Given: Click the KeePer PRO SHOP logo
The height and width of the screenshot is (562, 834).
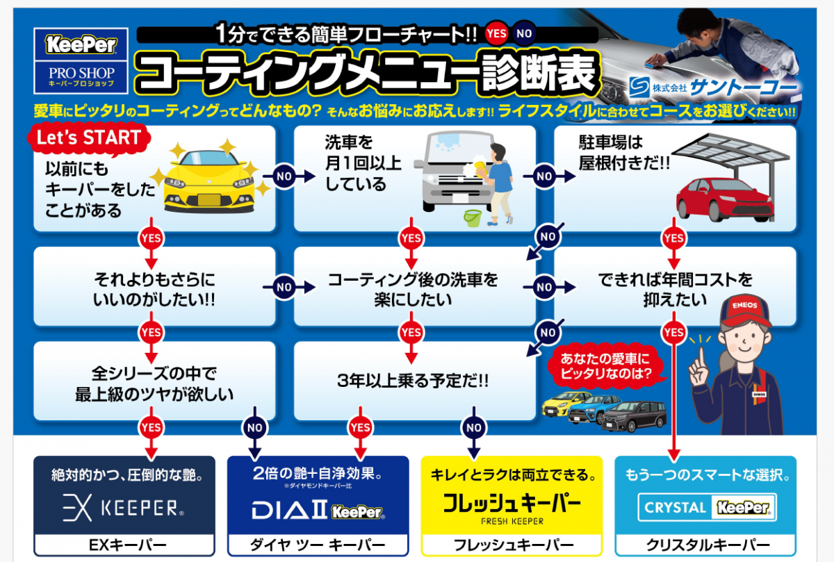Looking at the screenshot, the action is (81, 60).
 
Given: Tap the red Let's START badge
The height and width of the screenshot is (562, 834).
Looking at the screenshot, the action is (89, 138).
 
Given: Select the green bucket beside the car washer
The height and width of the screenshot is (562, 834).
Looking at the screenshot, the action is (473, 217).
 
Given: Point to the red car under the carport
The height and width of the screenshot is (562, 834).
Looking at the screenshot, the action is (725, 199).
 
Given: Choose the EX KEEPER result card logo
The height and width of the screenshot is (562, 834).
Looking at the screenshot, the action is (124, 508).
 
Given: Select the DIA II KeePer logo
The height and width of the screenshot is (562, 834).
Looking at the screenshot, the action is (318, 511).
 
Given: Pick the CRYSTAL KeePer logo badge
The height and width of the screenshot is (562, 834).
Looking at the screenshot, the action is (707, 507).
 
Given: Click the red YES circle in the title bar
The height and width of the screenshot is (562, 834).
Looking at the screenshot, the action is (496, 33).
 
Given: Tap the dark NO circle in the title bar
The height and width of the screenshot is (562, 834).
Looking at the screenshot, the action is (524, 33).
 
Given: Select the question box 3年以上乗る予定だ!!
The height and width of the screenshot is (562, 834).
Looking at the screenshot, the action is (414, 381).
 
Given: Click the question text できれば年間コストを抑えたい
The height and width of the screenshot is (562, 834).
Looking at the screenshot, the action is (675, 290).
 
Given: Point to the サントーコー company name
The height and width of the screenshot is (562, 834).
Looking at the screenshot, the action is (743, 88).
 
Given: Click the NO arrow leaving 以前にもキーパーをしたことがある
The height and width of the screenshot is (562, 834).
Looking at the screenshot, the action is (289, 176).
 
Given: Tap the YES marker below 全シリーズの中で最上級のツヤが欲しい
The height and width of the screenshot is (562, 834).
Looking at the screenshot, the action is (152, 428).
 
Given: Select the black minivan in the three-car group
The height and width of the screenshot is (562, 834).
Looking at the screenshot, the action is (634, 415).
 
